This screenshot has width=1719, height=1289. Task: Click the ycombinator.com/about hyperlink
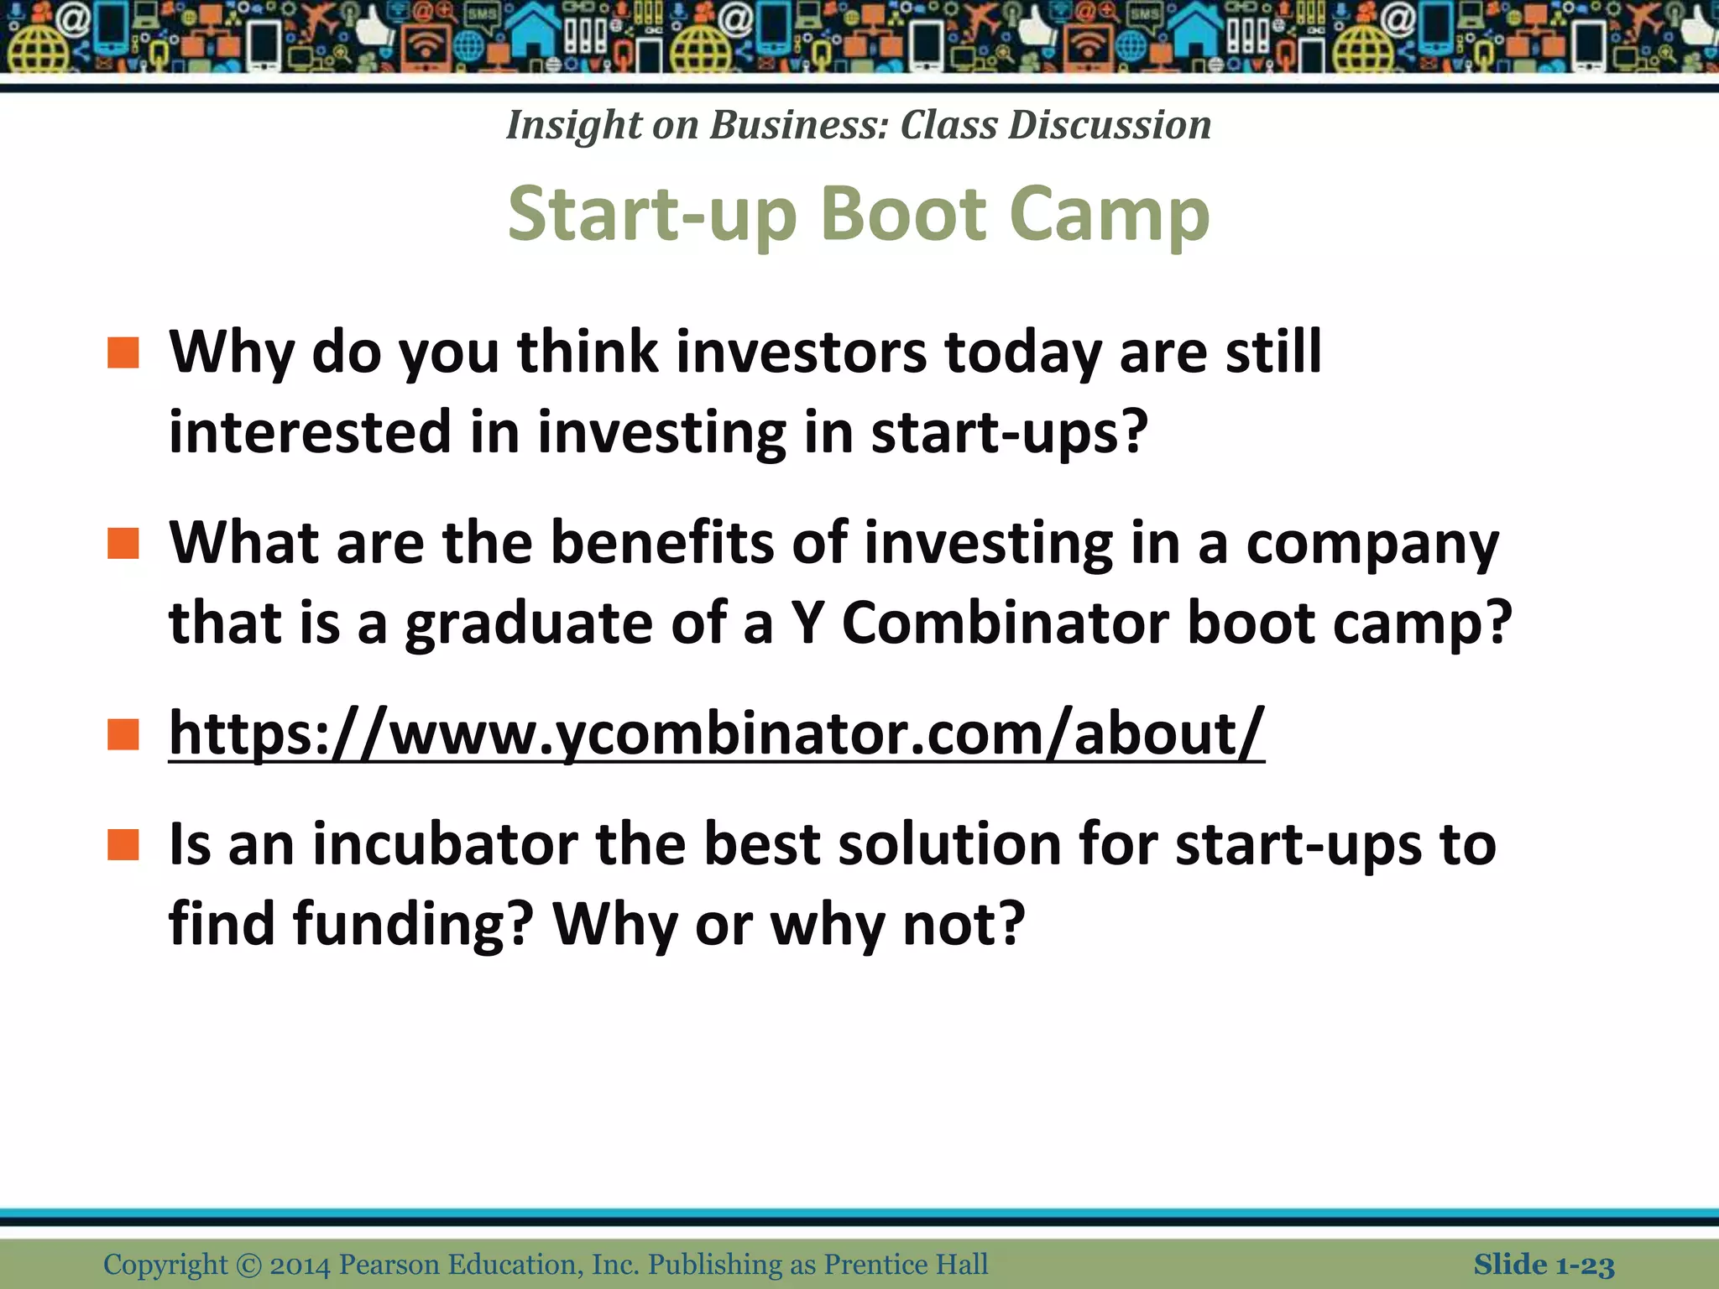point(716,733)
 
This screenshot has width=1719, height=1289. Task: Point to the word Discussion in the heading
point(1110,126)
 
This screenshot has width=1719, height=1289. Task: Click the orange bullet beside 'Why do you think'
point(123,353)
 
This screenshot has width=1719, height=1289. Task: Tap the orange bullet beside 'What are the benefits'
point(123,544)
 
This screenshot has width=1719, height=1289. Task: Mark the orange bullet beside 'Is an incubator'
point(123,845)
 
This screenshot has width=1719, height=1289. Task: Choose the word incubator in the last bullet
point(445,844)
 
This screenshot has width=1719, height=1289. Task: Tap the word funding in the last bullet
point(413,924)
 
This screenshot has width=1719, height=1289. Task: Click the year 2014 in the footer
point(300,1265)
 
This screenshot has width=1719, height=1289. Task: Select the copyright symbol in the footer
point(248,1265)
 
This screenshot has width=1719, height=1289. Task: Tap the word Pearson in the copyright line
point(389,1265)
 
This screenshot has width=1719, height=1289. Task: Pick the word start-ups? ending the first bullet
point(1008,433)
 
